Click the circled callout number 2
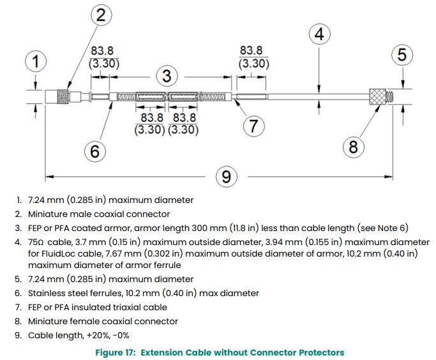(x=101, y=15)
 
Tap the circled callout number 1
(x=36, y=61)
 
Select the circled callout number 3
(x=167, y=76)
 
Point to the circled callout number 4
(x=319, y=34)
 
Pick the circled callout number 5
(x=402, y=54)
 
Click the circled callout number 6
(x=95, y=151)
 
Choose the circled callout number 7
(x=253, y=126)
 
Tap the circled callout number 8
(x=353, y=147)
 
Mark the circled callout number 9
(x=227, y=177)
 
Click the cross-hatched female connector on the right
(x=378, y=96)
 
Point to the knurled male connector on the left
(x=63, y=96)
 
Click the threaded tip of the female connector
(x=389, y=96)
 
